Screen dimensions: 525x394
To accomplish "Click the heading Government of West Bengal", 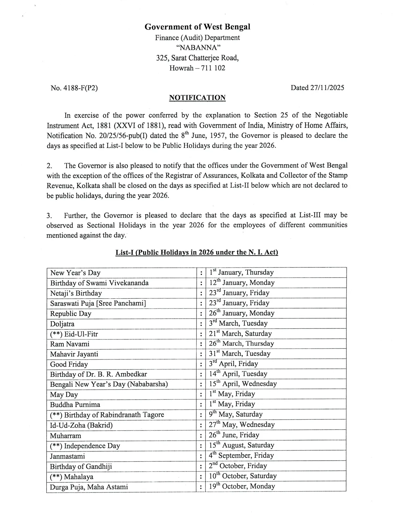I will [x=197, y=27].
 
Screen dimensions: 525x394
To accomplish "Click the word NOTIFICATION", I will [x=197, y=98].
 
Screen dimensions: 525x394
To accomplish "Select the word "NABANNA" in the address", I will [x=197, y=48].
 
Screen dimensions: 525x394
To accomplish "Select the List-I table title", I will [x=197, y=252].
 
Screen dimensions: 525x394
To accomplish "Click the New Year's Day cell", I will [x=75, y=273].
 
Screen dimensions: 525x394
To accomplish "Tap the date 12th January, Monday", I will [x=242, y=283].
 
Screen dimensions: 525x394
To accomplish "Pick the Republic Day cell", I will [x=71, y=314].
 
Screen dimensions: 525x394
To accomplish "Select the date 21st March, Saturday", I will [x=240, y=334].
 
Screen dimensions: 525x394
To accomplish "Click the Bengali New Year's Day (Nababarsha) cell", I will [x=109, y=384].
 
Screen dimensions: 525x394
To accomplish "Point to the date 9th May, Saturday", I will [x=236, y=414].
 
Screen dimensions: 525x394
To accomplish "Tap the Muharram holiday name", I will [x=65, y=436].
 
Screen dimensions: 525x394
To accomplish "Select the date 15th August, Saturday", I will [x=241, y=445].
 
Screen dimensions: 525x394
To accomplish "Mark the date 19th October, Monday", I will [x=242, y=486].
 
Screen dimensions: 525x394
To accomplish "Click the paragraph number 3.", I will [x=49, y=216].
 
